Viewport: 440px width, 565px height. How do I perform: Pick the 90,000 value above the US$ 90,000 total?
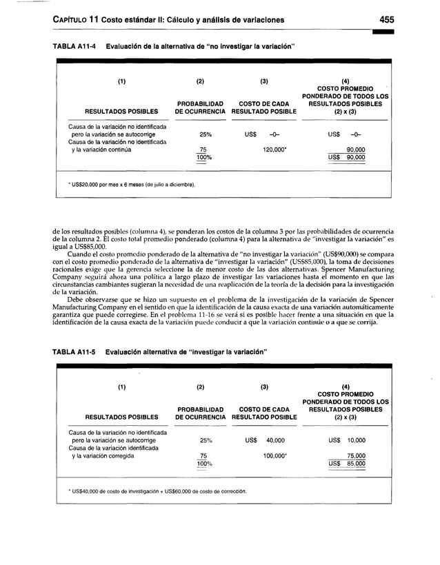pos(355,148)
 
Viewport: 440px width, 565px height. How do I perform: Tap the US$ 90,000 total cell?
pos(346,157)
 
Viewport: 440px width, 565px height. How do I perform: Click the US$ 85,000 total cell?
pos(346,464)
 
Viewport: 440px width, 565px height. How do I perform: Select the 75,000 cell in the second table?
pos(355,455)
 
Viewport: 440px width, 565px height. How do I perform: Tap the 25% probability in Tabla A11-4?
pos(205,134)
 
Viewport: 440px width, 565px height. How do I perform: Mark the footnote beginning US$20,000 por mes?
pos(131,185)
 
